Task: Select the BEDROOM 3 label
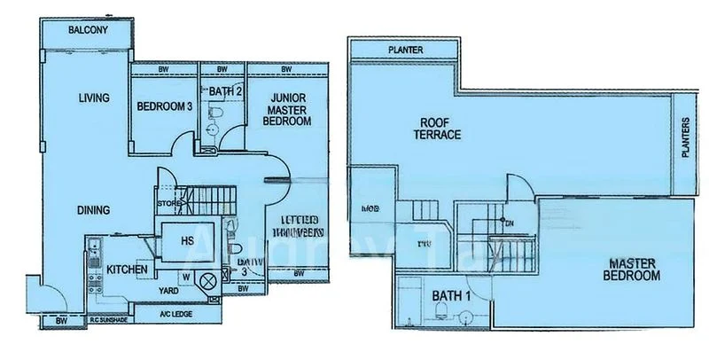click(165, 106)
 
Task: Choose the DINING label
click(93, 210)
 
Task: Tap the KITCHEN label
click(127, 268)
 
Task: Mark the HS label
click(188, 239)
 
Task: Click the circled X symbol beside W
click(208, 283)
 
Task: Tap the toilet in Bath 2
click(215, 111)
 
